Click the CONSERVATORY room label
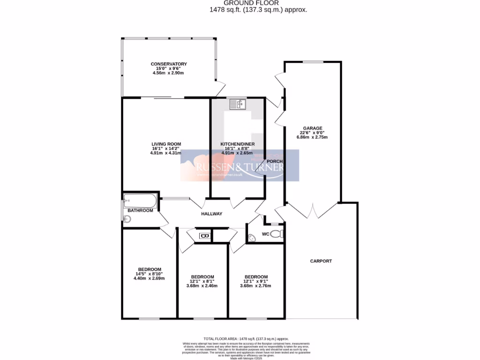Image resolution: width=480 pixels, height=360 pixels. coord(169,64)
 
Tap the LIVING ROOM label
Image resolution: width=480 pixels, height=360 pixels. coord(166,144)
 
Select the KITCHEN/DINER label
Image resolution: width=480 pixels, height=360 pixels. coord(236,144)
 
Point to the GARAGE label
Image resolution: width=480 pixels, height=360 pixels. coord(313,128)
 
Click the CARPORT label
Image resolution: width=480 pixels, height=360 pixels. coord(321,261)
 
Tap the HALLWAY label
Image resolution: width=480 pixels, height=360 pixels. coord(211,214)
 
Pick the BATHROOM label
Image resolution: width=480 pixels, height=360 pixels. coord(141,210)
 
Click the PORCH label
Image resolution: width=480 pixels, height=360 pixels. coord(275,162)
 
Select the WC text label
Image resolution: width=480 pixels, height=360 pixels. coord(265,233)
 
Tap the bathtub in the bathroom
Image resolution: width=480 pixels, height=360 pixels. coord(141,202)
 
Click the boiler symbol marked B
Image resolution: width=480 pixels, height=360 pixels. coord(203,236)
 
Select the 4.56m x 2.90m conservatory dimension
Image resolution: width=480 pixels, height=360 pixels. coord(169,73)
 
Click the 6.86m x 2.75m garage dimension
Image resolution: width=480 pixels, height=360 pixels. coord(313,137)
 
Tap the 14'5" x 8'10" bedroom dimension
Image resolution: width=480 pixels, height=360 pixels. coord(150,274)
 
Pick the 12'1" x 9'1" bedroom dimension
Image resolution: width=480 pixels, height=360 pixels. coord(256,281)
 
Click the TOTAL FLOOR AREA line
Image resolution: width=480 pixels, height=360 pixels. coord(246,338)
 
